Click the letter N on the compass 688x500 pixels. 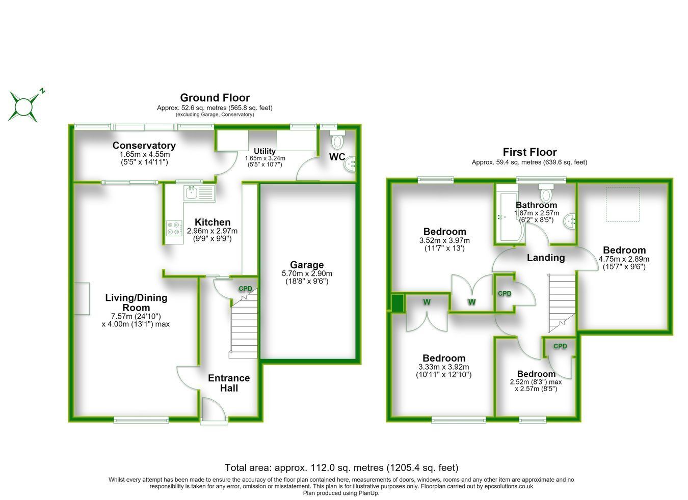tap(43, 91)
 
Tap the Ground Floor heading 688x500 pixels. tap(215, 98)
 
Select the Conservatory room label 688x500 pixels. tap(144, 145)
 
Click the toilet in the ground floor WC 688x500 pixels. tap(337, 140)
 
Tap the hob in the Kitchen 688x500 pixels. tap(174, 229)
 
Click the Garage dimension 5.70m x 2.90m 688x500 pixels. tap(307, 273)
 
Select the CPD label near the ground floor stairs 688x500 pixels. tap(246, 289)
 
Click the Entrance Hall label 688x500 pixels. tap(229, 383)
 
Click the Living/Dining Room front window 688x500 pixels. tap(141, 420)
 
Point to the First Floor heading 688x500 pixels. tap(530, 152)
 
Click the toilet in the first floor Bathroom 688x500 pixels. tap(546, 192)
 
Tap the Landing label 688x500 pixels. tap(546, 258)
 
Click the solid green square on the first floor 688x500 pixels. tap(398, 303)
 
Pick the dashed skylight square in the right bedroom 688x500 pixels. tap(623, 204)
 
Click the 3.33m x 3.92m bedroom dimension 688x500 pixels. tap(444, 367)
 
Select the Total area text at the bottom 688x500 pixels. tap(341, 467)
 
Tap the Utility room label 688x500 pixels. tap(264, 151)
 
